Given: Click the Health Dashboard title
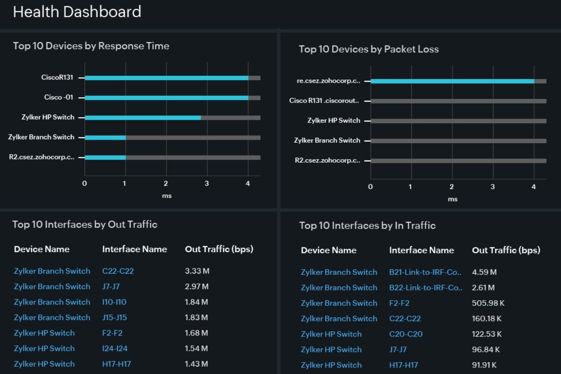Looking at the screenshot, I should point(77,12).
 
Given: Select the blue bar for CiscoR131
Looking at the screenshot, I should point(167,78).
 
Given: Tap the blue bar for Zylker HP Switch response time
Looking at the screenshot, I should point(143,118).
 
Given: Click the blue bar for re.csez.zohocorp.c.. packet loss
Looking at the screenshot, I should point(452,81).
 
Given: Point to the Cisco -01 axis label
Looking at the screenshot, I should point(59,97).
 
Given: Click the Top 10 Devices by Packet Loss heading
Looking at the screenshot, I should point(369,49).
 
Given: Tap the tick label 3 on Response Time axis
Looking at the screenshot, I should point(207,183).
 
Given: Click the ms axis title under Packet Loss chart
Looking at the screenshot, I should point(452,199).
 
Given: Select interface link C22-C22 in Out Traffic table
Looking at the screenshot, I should point(118,271).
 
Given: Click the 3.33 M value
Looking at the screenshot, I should point(197,271).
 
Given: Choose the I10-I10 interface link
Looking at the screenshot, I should point(114,302).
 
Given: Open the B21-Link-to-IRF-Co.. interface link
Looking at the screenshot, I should point(425,272).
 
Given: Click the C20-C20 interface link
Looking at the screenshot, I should point(406,334).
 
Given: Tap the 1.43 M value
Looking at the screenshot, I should point(197,364).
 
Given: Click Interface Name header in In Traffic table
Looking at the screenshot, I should point(421,250).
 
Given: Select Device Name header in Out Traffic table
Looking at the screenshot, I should point(42,249).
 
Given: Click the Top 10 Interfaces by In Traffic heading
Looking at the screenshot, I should point(368,225).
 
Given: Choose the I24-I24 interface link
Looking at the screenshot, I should point(115,348).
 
